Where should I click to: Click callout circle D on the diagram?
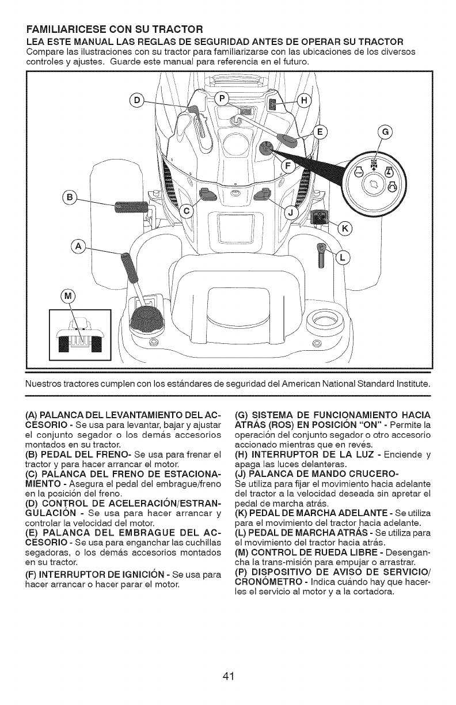pyautogui.click(x=136, y=100)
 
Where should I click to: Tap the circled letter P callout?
pyautogui.click(x=222, y=97)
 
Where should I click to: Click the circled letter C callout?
pyautogui.click(x=186, y=211)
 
